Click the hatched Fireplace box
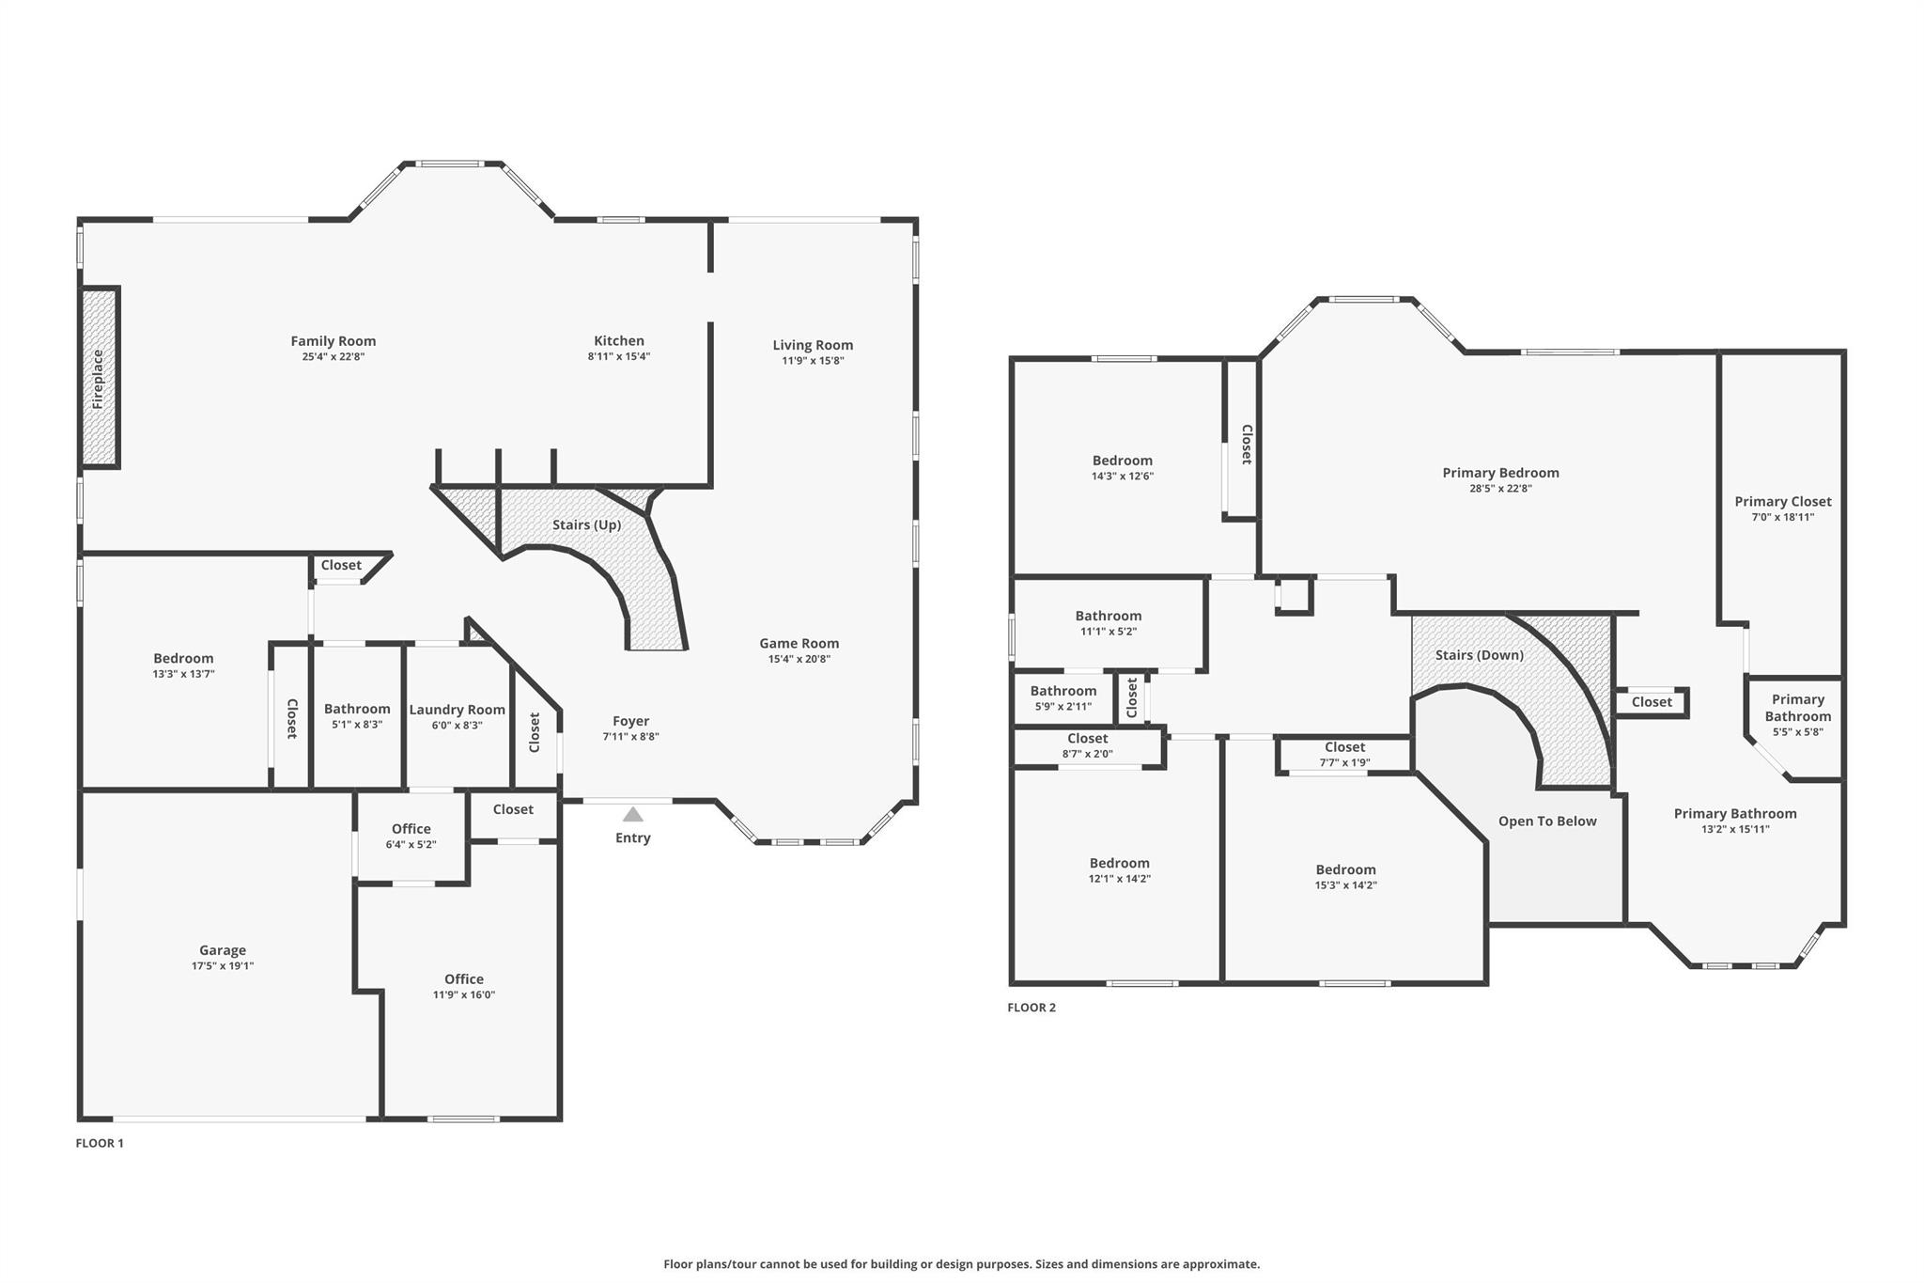100,378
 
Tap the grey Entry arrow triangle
633,814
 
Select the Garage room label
223,950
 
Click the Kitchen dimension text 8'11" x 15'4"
619,356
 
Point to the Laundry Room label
457,710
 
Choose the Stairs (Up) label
586,524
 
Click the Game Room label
799,643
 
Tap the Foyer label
631,721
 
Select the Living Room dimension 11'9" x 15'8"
814,360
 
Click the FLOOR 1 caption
100,1143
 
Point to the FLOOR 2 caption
1032,1008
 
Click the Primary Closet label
1783,501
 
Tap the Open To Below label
1547,821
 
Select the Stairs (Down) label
1480,655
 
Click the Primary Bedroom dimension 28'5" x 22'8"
1501,488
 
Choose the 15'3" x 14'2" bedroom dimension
1346,884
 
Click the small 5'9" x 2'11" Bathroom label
1063,691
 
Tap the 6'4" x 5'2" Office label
411,829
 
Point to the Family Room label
334,341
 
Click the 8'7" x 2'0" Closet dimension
1088,753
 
